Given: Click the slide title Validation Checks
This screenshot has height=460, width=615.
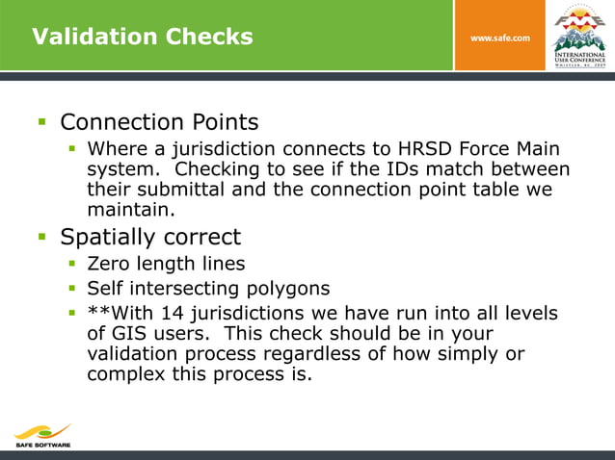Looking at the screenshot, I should (x=142, y=37).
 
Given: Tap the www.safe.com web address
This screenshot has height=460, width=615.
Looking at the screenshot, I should (x=499, y=38).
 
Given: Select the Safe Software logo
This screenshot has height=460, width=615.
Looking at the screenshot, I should (x=42, y=436).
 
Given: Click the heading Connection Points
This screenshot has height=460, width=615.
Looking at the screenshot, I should (x=159, y=123).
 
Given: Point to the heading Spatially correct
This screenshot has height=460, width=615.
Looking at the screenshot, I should (x=150, y=237).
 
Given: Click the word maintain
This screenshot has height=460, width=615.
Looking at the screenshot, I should (x=130, y=209).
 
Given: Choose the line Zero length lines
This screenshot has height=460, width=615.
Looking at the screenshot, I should (x=166, y=264).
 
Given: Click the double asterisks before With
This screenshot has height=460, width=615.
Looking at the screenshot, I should (x=97, y=314).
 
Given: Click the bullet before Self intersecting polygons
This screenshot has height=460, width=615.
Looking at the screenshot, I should (x=72, y=288).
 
